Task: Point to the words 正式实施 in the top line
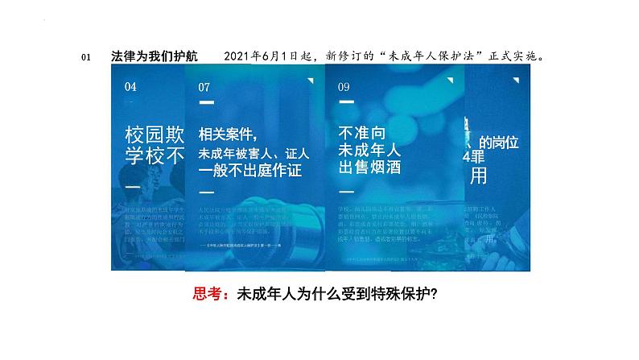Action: [x=509, y=56]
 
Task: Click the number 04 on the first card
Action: [x=131, y=86]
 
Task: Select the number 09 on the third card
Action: [x=344, y=87]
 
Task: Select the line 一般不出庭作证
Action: [x=248, y=171]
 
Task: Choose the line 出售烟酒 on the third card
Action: [x=370, y=167]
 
